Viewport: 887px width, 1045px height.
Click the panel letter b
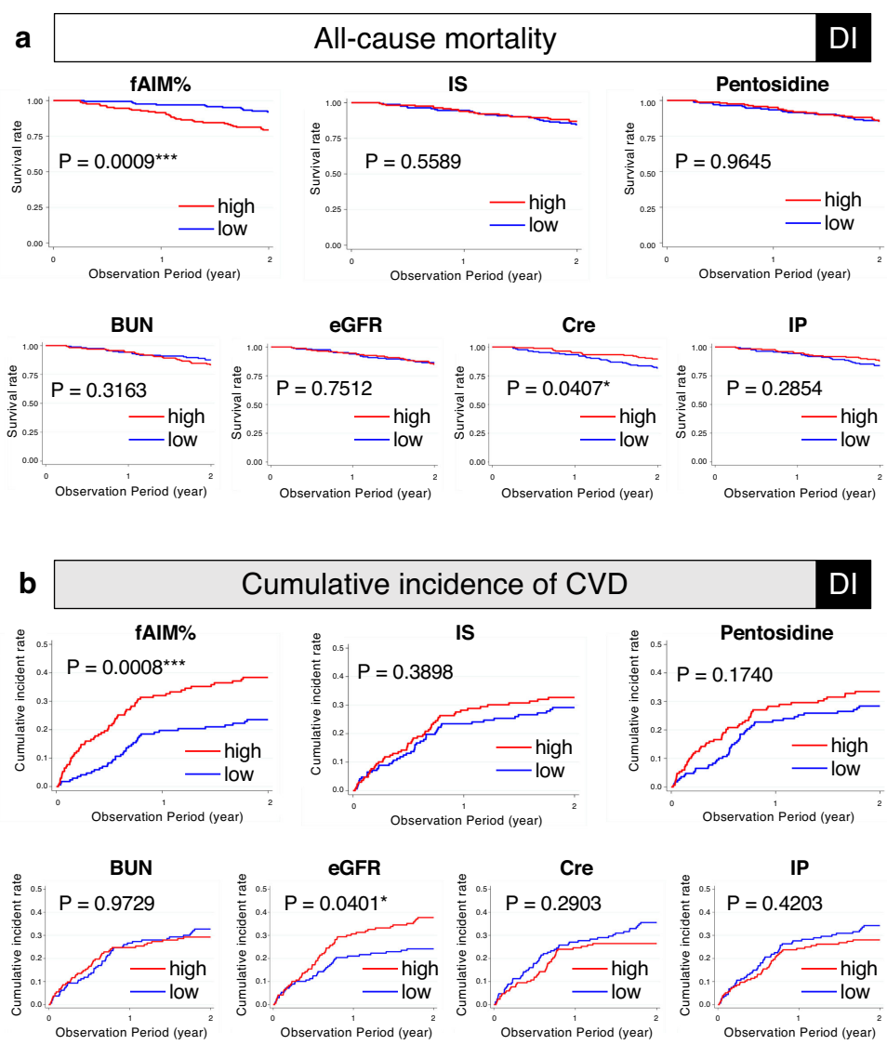28,583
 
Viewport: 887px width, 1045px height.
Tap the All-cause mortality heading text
434,39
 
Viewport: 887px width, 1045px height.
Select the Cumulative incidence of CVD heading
434,583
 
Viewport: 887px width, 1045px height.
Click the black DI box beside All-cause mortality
843,39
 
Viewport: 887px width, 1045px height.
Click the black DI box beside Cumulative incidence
843,583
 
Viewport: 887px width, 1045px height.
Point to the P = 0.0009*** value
118,161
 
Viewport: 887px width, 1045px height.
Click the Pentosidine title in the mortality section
773,86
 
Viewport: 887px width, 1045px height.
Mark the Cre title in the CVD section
576,868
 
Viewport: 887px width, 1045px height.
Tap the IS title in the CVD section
465,632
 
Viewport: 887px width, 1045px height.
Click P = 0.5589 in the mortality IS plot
413,163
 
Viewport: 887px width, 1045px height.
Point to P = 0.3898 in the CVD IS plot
405,671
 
